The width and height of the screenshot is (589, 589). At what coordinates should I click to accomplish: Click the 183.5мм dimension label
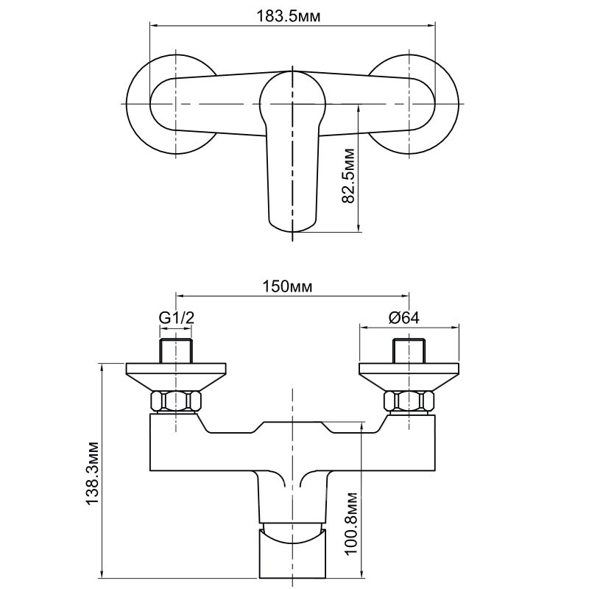[288, 16]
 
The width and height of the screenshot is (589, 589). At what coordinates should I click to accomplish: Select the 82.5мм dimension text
[348, 176]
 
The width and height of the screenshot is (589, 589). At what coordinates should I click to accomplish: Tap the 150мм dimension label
[287, 286]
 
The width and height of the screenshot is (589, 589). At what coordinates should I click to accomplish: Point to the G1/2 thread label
[177, 318]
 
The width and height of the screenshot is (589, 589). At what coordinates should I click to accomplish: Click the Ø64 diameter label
[403, 318]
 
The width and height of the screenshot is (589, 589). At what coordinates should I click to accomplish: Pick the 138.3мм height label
[93, 473]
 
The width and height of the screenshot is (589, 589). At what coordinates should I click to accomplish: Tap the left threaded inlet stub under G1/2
[176, 351]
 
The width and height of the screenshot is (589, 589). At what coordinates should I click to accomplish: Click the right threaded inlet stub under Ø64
[409, 351]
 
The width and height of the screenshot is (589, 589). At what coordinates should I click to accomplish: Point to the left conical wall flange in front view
[176, 377]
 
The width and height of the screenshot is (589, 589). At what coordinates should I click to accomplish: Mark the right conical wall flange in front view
[409, 377]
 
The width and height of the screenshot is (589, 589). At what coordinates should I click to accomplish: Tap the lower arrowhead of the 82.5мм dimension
[359, 228]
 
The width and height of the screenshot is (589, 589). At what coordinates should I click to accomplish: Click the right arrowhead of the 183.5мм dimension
[431, 26]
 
